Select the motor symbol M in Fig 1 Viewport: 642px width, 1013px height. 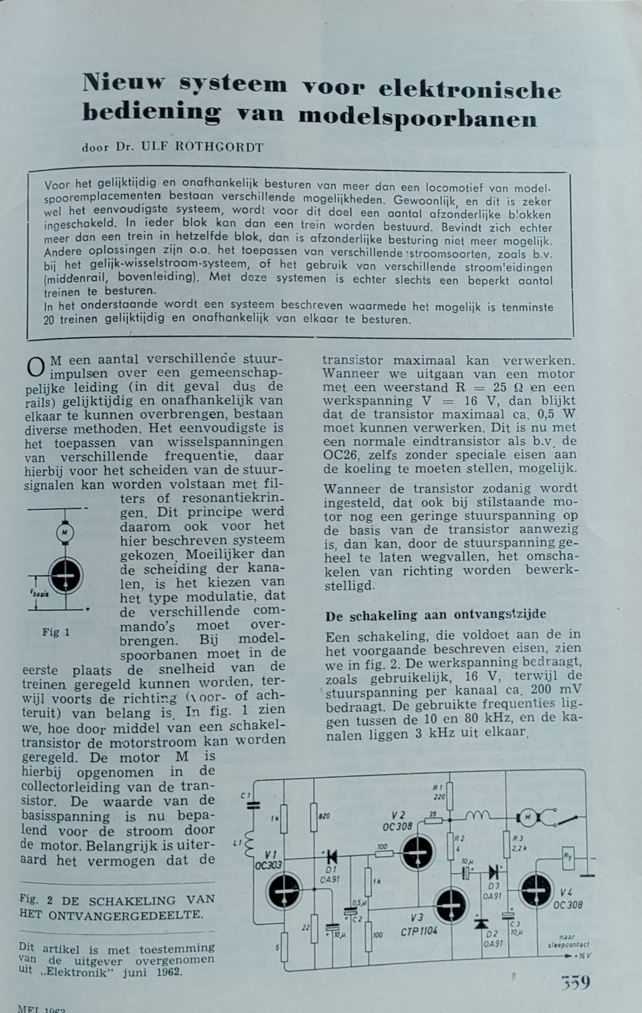pos(65,532)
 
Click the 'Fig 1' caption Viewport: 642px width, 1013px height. pos(56,632)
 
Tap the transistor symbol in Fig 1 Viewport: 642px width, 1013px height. pos(66,575)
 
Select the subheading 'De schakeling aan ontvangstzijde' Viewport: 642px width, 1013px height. pos(435,615)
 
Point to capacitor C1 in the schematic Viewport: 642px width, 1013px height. pos(253,805)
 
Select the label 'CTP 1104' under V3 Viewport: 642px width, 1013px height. pos(419,932)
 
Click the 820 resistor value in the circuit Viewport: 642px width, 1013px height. pos(324,816)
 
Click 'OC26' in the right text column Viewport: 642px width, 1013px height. pos(340,455)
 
